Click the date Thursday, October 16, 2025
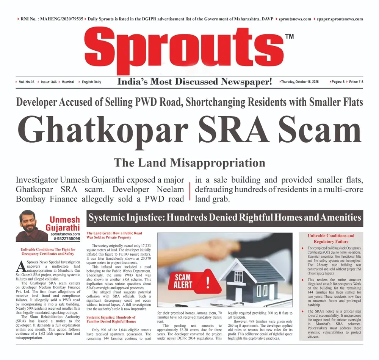(302, 82)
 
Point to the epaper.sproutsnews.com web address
(340, 19)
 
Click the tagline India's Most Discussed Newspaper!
(195, 82)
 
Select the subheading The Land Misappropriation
(189, 163)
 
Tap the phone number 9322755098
(67, 239)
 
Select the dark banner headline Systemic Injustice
(225, 217)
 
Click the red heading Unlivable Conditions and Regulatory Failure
(331, 238)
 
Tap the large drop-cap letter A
(21, 266)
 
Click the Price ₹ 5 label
(356, 82)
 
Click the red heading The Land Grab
(109, 235)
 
